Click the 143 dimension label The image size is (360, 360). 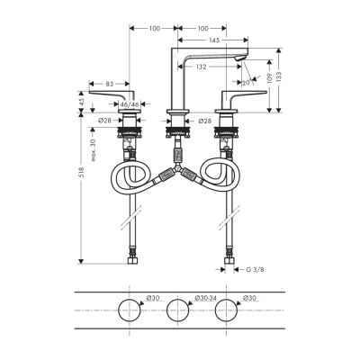[212, 41]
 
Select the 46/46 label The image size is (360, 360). [131, 106]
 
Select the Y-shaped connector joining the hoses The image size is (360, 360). [178, 173]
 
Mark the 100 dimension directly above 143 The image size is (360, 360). [201, 29]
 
